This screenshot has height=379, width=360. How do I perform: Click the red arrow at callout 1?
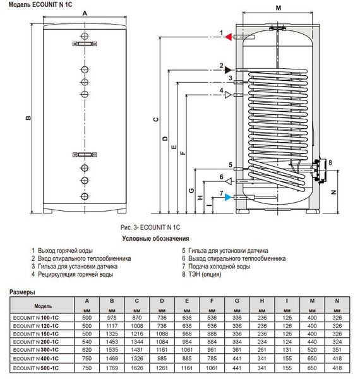pyautogui.click(x=229, y=37)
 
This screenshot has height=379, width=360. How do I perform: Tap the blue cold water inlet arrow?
pyautogui.click(x=228, y=197)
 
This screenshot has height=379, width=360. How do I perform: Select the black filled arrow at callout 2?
pyautogui.click(x=228, y=70)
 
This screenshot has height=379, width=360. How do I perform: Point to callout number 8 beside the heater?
pyautogui.click(x=330, y=162)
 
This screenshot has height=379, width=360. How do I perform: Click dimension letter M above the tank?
pyautogui.click(x=279, y=8)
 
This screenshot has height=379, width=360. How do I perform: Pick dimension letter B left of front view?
pyautogui.click(x=28, y=118)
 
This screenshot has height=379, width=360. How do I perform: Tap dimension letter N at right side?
pyautogui.click(x=333, y=193)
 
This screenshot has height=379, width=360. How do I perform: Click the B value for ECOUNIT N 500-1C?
pyautogui.click(x=112, y=368)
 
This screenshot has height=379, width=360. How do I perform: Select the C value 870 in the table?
pyautogui.click(x=137, y=318)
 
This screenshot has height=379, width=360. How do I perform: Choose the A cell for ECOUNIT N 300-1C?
pyautogui.click(x=87, y=350)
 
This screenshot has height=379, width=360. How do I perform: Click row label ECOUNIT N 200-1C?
pyautogui.click(x=36, y=342)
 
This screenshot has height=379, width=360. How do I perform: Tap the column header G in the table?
pyautogui.click(x=237, y=301)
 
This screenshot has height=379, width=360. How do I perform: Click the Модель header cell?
pyautogui.click(x=42, y=306)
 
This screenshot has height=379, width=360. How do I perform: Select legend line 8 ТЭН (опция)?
pyautogui.click(x=201, y=274)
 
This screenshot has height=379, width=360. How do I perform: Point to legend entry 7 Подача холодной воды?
pyautogui.click(x=216, y=267)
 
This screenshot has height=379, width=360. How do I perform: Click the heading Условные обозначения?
pyautogui.click(x=155, y=239)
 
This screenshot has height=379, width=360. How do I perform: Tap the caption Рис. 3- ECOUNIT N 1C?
pyautogui.click(x=150, y=227)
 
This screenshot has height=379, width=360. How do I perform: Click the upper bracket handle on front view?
pyautogui.click(x=85, y=44)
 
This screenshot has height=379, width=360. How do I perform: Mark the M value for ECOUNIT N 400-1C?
pyautogui.click(x=312, y=358)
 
